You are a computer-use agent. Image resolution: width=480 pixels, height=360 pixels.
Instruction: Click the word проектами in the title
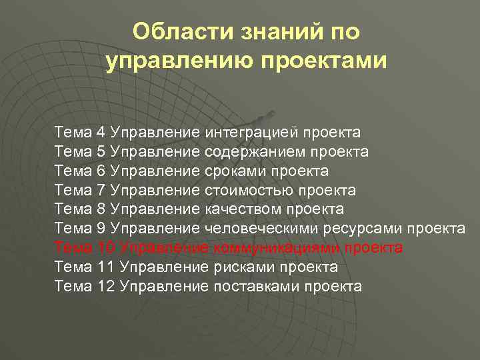[323, 61]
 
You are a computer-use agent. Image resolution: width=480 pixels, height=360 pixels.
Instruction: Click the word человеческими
[266, 229]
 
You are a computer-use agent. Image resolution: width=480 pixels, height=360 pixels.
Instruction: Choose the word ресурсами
[363, 229]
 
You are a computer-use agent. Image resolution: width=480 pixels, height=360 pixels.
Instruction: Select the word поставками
[257, 287]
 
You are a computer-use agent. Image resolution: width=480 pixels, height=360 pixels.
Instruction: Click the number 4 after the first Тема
[101, 133]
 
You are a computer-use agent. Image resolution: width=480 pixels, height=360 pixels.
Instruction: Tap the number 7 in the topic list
[101, 191]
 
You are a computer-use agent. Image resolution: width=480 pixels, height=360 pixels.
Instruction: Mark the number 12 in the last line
[105, 287]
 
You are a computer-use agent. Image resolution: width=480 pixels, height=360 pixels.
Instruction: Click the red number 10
[105, 249]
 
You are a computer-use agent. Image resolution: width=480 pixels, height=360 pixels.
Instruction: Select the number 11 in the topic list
[105, 268]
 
